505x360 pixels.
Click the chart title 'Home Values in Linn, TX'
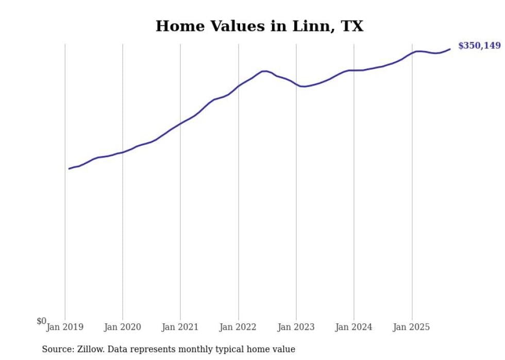259,26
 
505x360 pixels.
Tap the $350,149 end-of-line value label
479,46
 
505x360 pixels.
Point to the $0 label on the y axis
41,321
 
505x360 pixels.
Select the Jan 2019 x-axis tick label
65,327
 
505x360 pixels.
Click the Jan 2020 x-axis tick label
123,327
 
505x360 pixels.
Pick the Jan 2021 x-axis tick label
180,327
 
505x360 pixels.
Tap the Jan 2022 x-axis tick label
238,327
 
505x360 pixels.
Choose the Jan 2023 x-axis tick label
296,327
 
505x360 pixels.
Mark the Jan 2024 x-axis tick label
354,327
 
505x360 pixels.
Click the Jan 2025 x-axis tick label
412,327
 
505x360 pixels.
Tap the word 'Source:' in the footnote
58,349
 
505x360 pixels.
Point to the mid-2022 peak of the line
264,71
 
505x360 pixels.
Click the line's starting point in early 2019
69,168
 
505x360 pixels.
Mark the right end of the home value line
450,49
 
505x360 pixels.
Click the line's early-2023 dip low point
304,87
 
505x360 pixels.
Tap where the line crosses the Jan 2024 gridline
354,70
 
